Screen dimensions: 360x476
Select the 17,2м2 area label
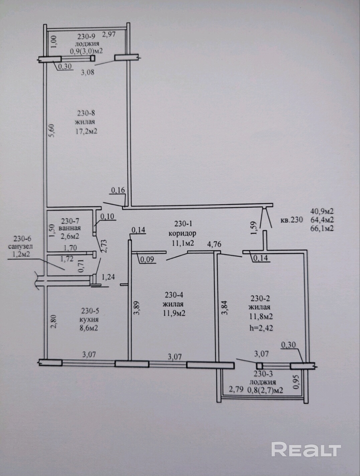[86, 132]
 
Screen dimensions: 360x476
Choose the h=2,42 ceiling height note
[261, 328]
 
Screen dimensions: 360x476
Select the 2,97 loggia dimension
[109, 34]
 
